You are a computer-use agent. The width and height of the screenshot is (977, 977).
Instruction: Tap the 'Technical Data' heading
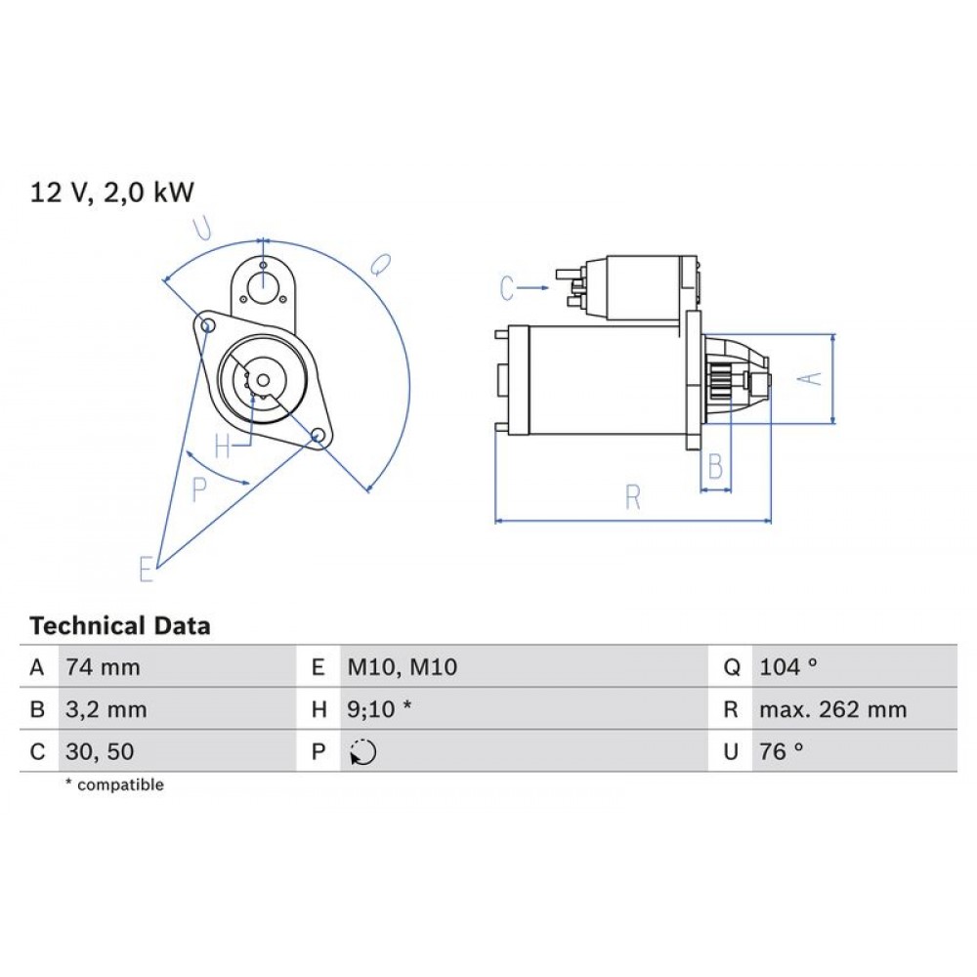pos(120,625)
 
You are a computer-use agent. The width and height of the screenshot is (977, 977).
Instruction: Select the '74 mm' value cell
pos(103,668)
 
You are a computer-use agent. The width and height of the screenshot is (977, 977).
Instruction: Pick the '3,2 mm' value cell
pos(106,710)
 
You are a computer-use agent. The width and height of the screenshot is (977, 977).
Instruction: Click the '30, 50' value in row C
pos(100,751)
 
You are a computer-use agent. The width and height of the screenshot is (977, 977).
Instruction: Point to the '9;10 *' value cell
pos(380,710)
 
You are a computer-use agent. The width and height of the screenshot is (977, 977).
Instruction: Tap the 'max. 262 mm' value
pos(832,710)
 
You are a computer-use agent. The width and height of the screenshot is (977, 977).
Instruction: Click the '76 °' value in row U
pos(781,751)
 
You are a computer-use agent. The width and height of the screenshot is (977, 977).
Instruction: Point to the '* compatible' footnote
pos(115,785)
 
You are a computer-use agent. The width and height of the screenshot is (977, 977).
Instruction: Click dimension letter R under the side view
pos(633,498)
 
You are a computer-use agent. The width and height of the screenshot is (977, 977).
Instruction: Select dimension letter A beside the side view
pos(811,377)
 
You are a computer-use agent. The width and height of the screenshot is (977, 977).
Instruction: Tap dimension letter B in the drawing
pos(715,468)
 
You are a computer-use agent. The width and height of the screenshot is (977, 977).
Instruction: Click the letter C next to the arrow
pos(507,288)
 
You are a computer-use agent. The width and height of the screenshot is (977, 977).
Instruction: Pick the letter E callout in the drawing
pos(147,569)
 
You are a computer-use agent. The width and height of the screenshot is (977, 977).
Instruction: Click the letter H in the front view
pos(224,447)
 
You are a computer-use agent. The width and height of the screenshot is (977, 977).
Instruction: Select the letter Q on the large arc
pos(381,264)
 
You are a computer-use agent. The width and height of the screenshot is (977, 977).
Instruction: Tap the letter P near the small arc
pos(200,489)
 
